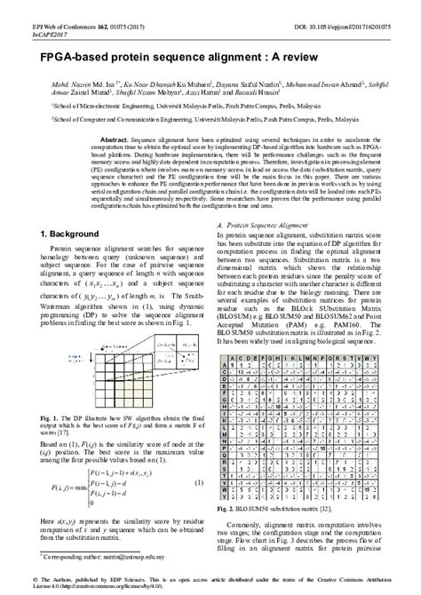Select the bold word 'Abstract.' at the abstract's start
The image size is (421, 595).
click(x=115, y=140)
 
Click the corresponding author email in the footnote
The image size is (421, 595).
click(x=133, y=555)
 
